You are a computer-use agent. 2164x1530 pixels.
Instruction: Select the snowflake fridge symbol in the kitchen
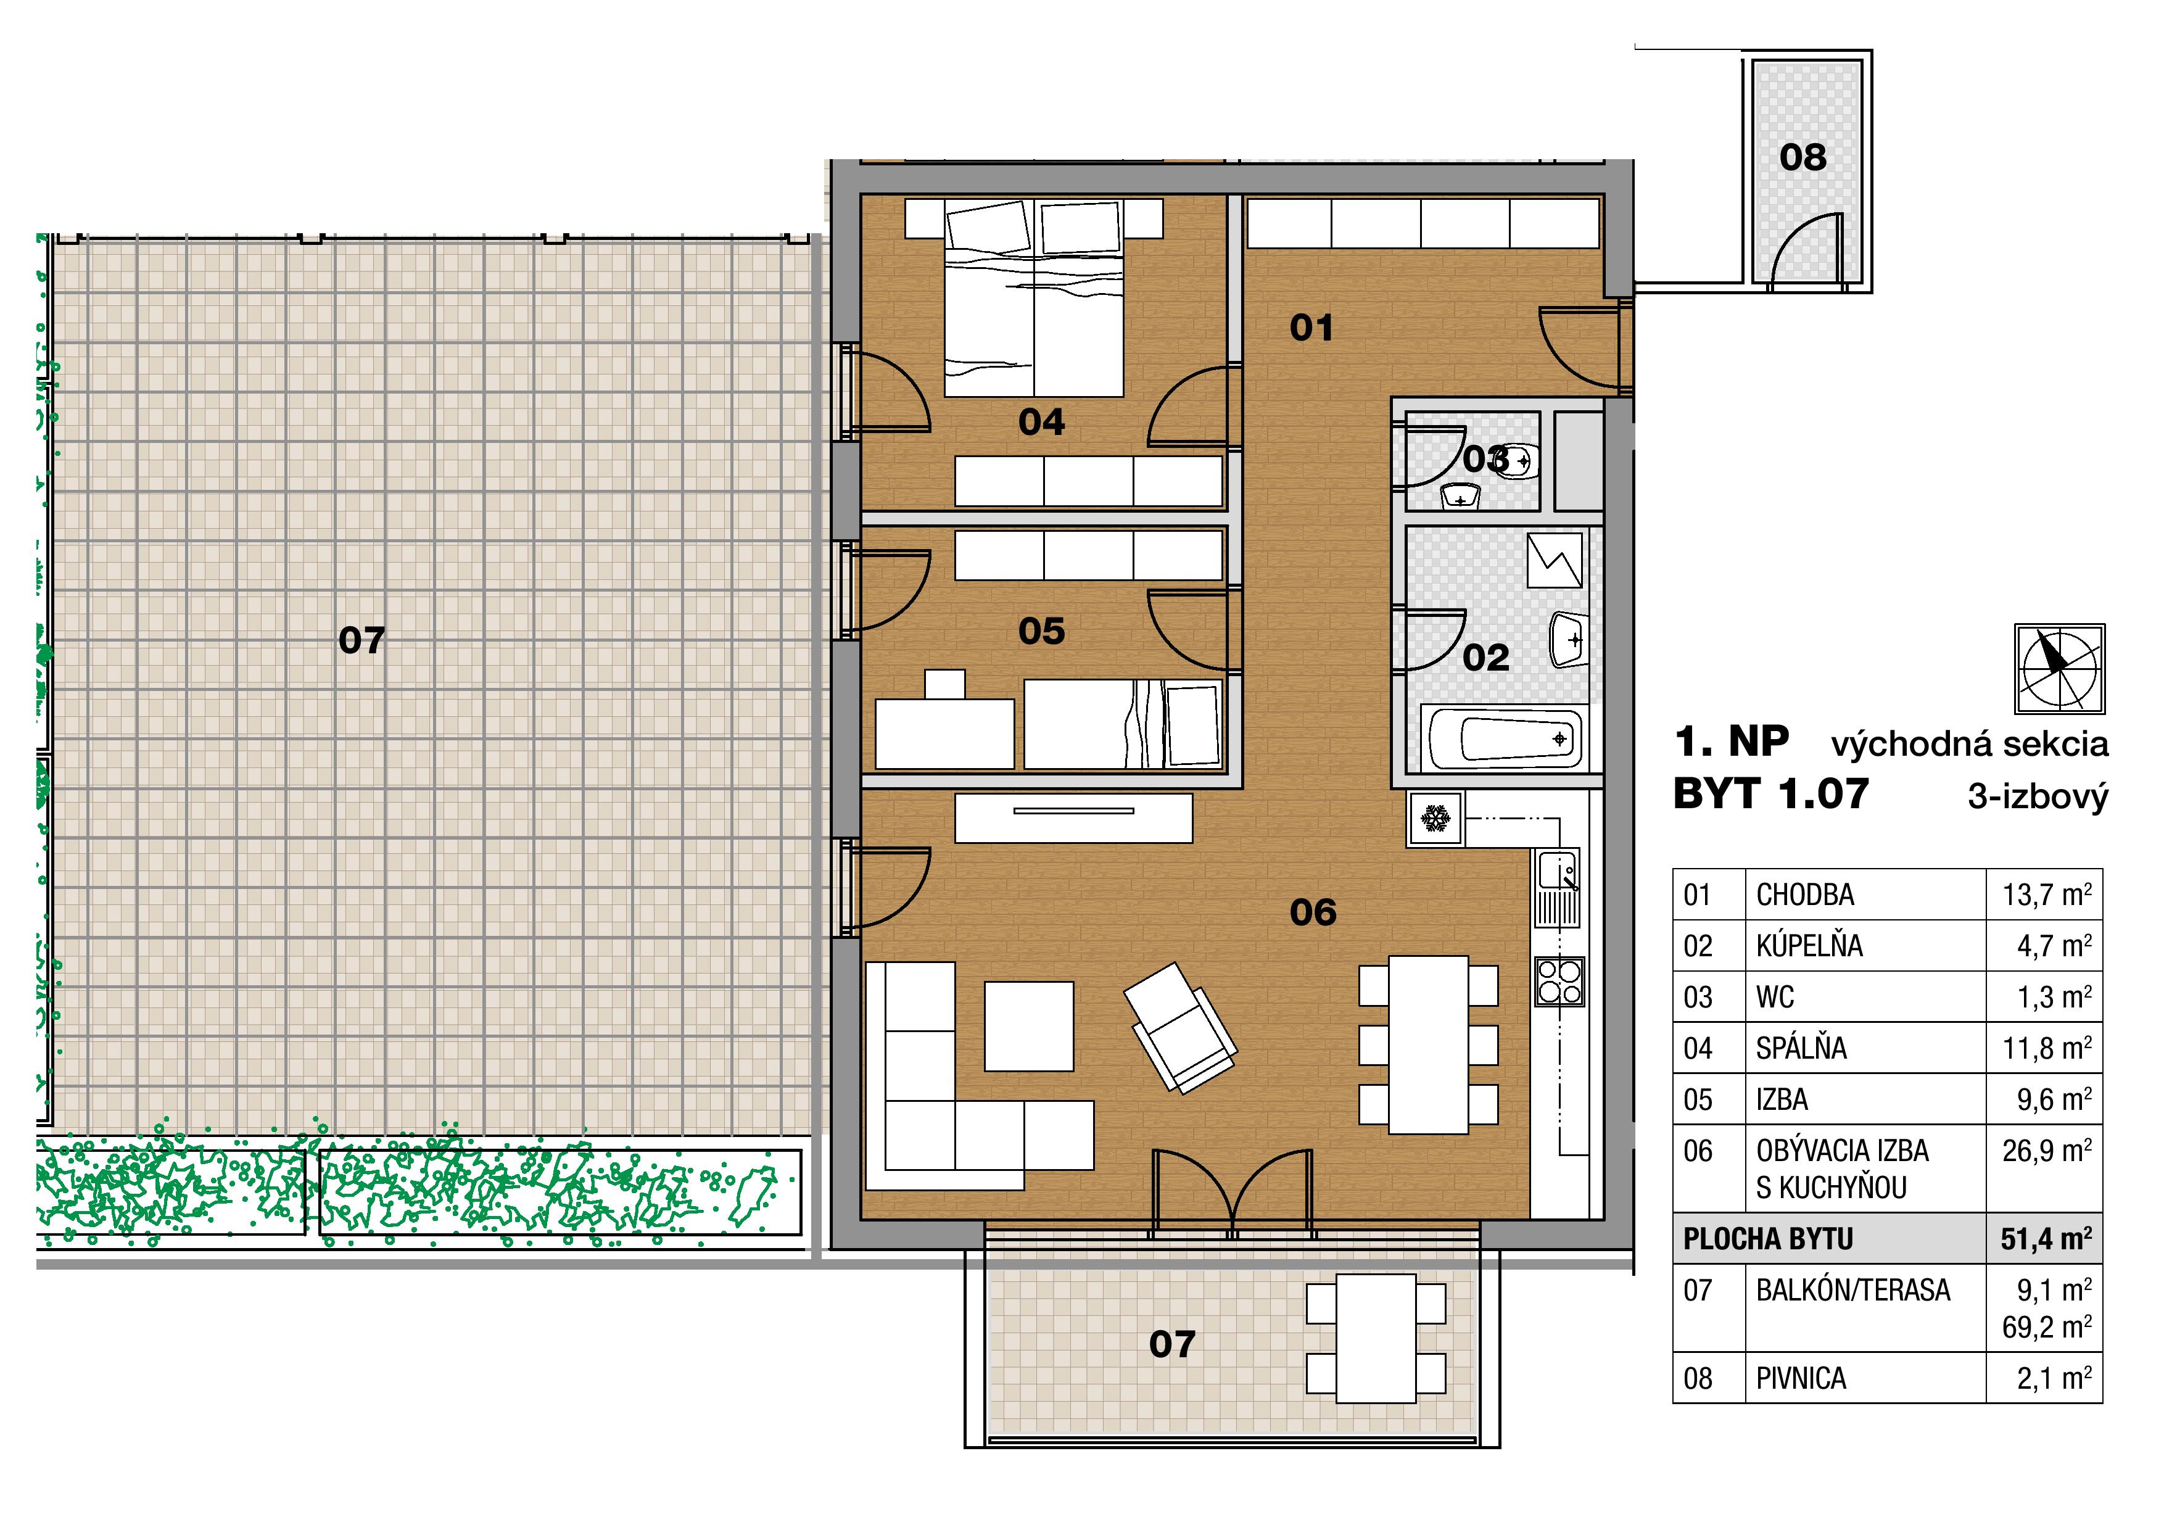[x=1435, y=817]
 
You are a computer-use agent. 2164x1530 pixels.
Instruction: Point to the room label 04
[x=1041, y=423]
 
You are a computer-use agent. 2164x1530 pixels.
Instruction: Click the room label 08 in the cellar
[x=1802, y=157]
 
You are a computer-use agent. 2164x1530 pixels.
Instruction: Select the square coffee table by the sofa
[x=1029, y=1027]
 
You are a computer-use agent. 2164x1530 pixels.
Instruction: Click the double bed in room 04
[x=1034, y=297]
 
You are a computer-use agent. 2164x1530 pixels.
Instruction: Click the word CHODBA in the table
[x=1805, y=895]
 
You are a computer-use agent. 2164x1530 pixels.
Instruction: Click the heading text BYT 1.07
[x=1770, y=794]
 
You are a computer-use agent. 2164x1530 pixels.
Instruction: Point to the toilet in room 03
[x=1516, y=461]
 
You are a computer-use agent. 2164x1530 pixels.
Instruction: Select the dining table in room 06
[x=1428, y=1044]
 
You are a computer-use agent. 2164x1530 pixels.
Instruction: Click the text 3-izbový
[x=2038, y=798]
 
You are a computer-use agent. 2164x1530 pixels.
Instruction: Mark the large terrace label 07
[x=362, y=641]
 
